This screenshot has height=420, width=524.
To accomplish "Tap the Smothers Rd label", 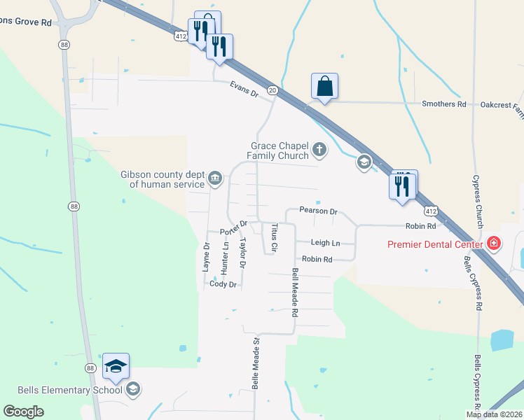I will [443, 104].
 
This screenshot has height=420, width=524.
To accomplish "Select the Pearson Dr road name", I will [318, 211].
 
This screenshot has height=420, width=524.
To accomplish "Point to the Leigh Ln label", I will [325, 243].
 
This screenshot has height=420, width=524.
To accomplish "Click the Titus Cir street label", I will [275, 238].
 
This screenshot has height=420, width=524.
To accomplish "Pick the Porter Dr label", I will [234, 227].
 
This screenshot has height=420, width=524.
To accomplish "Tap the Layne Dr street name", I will [207, 257].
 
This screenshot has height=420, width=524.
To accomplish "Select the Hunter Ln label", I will [225, 257].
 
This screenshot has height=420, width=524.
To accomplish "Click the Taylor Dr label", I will [243, 254].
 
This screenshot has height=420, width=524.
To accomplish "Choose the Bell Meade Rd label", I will [295, 293].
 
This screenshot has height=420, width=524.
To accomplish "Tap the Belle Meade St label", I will [256, 363].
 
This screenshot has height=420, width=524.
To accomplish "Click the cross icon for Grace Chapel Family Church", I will [319, 148].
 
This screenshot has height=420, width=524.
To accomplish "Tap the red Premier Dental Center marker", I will [494, 244].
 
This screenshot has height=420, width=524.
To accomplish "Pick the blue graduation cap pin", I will [116, 366].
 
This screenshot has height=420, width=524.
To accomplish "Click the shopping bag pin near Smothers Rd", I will [324, 87].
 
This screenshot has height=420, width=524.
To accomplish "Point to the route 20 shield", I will [273, 90].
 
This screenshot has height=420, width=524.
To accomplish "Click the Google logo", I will [24, 412].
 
